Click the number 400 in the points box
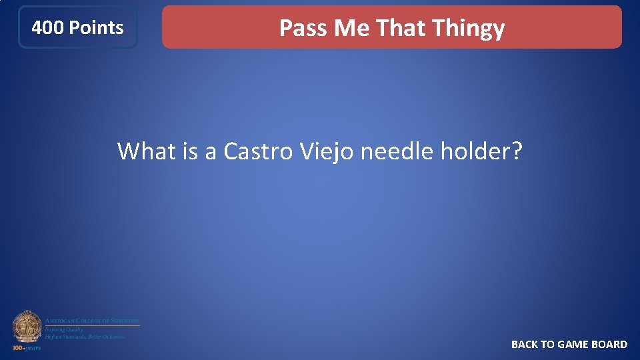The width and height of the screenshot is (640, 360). click(48, 28)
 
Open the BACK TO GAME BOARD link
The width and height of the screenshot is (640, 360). click(569, 344)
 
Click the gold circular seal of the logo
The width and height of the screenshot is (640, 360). click(27, 327)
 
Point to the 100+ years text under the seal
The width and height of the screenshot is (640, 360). click(26, 348)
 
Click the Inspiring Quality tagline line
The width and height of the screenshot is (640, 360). click(64, 329)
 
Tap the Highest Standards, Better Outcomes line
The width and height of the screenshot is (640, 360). click(85, 337)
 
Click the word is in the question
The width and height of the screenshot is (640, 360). click(191, 151)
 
